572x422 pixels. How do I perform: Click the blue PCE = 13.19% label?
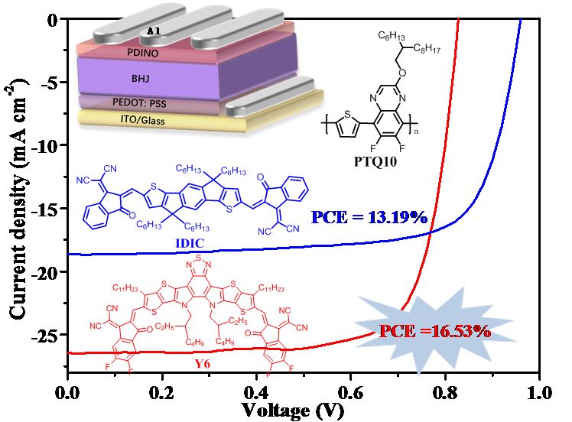(x=369, y=218)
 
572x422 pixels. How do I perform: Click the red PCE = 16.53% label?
(x=434, y=331)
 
